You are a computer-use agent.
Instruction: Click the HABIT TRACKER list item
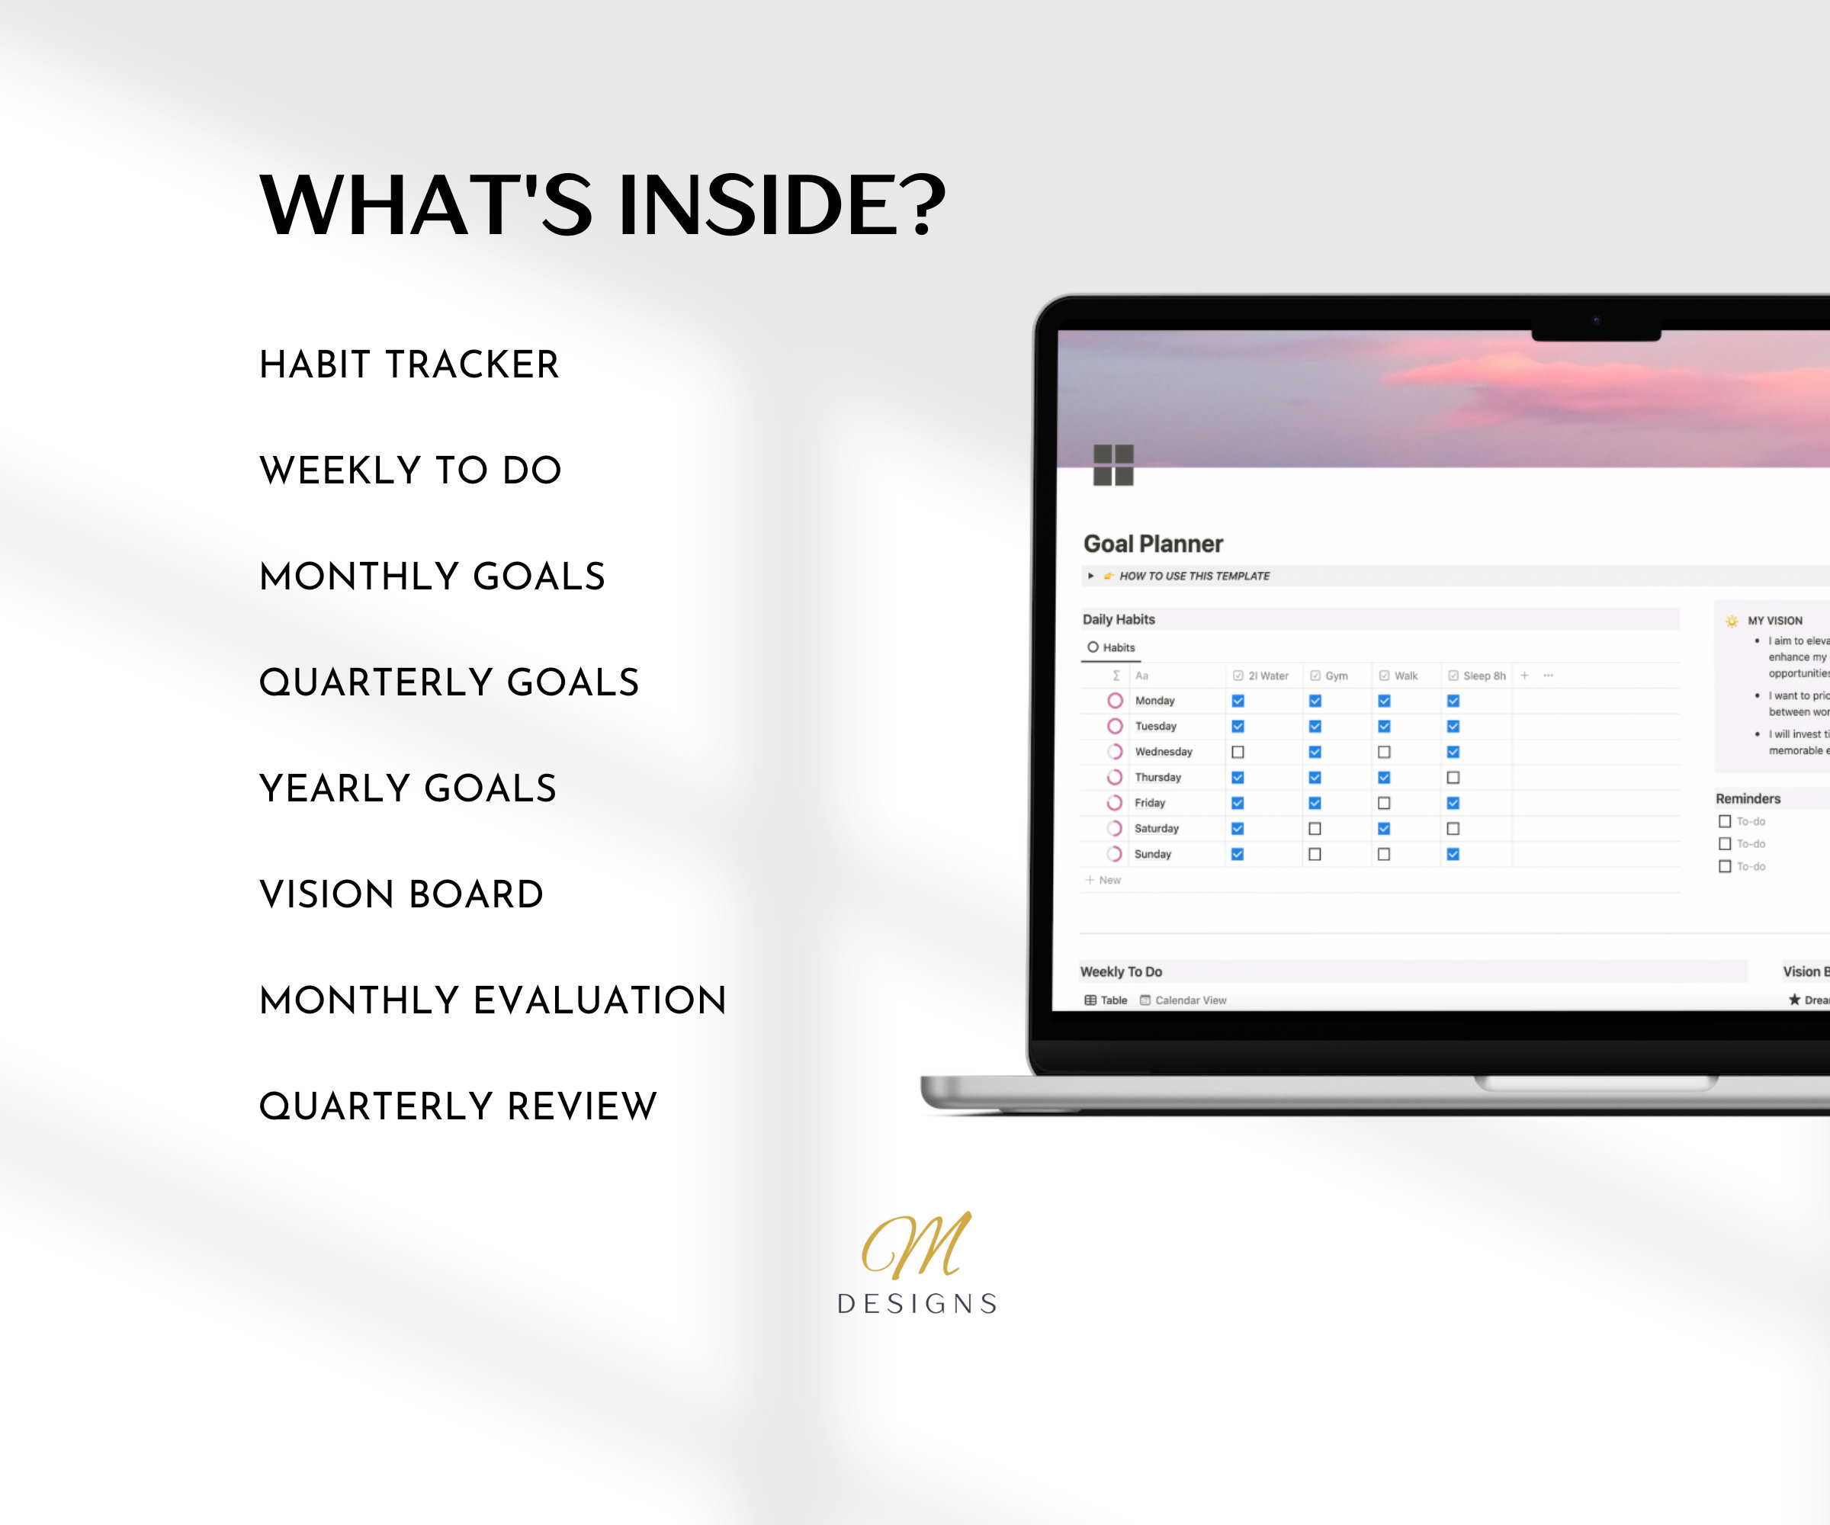pyautogui.click(x=409, y=364)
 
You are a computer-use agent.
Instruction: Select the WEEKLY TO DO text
pyautogui.click(x=410, y=470)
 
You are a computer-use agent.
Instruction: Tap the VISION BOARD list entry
pyautogui.click(x=401, y=894)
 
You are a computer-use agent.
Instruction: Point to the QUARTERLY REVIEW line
pyautogui.click(x=457, y=1106)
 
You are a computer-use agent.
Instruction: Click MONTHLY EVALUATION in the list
pyautogui.click(x=493, y=1000)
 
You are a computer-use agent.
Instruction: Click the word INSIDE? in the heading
pyautogui.click(x=781, y=205)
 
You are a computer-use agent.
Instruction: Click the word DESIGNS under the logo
pyautogui.click(x=917, y=1304)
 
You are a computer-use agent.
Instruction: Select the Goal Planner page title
pyautogui.click(x=1152, y=544)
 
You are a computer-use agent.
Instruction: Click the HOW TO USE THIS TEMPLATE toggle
pyautogui.click(x=1193, y=576)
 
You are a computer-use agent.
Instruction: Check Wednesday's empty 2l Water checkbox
pyautogui.click(x=1238, y=752)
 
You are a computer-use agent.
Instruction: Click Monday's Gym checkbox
pyautogui.click(x=1315, y=701)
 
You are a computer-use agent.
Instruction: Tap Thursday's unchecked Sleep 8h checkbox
pyautogui.click(x=1453, y=777)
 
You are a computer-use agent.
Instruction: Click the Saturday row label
pyautogui.click(x=1155, y=829)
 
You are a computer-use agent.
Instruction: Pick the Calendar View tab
pyautogui.click(x=1189, y=1000)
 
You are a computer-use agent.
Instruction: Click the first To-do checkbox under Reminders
pyautogui.click(x=1725, y=821)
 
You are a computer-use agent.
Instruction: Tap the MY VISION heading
pyautogui.click(x=1774, y=621)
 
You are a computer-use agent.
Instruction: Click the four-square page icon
pyautogui.click(x=1112, y=464)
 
